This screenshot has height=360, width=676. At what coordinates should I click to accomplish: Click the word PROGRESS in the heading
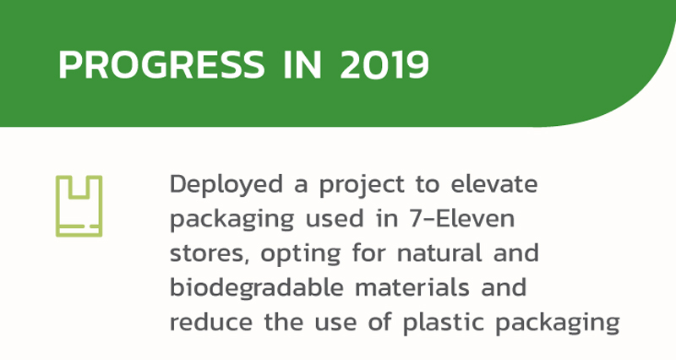coord(161,65)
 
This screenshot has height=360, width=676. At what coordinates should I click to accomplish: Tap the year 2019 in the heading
coord(384,65)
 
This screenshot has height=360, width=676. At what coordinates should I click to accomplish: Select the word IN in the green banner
coord(303,65)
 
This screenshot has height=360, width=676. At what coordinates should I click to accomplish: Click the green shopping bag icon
coord(79,206)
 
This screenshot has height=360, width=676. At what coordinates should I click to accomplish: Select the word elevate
coord(494,184)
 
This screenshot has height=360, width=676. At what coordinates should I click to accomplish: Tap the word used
coord(335,219)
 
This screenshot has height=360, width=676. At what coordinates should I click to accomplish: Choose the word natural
coord(439,253)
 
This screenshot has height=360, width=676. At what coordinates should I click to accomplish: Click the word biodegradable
coord(257,287)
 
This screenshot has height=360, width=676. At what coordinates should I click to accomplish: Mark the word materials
coord(412,287)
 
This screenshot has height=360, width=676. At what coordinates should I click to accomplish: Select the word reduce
coord(210,322)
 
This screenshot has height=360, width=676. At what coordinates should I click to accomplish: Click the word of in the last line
coord(379,322)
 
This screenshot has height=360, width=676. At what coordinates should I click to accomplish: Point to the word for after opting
coord(368,253)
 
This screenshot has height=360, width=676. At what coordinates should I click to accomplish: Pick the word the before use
coord(283,322)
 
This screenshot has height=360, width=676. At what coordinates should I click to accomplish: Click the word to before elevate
coord(428,184)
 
